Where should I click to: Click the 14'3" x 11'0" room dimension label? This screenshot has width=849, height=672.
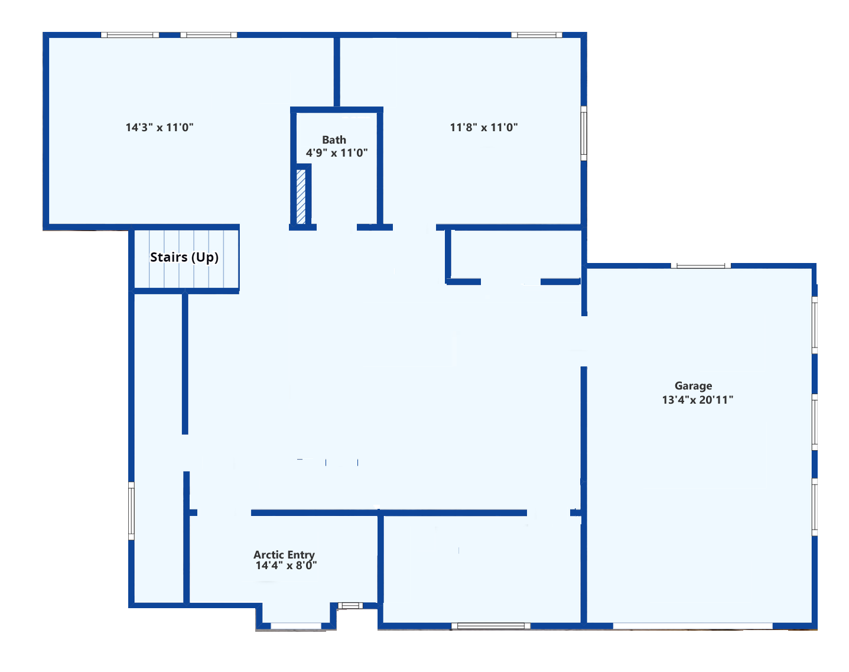pos(160,128)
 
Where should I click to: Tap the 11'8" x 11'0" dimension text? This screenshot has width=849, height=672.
pos(484,128)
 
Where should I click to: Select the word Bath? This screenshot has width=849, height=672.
pos(334,139)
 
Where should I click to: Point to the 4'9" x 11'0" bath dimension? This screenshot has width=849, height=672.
pos(337,152)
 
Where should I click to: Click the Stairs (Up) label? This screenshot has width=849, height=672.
pos(184,257)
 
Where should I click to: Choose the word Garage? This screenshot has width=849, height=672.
pos(693,385)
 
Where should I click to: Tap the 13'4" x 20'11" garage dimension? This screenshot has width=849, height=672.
pos(697,400)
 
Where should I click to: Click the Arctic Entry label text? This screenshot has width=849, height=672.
pos(284,554)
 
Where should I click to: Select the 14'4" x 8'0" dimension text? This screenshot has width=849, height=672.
pos(286,566)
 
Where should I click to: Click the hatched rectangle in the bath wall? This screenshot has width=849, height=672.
pos(301,196)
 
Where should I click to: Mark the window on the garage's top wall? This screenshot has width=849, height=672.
pos(700,265)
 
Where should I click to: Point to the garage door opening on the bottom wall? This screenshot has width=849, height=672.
pos(692,626)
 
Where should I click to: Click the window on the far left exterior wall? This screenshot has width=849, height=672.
pos(131,511)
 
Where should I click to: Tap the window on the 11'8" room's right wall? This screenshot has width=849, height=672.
pos(584,134)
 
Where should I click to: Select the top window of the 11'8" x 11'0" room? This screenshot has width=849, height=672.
pos(536,35)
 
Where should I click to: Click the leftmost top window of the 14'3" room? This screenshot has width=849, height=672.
pos(130,35)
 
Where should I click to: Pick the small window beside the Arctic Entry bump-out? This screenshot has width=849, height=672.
pos(350,606)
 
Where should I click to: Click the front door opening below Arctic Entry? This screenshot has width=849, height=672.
pos(296,626)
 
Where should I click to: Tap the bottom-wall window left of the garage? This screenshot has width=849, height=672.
pos(491,626)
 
